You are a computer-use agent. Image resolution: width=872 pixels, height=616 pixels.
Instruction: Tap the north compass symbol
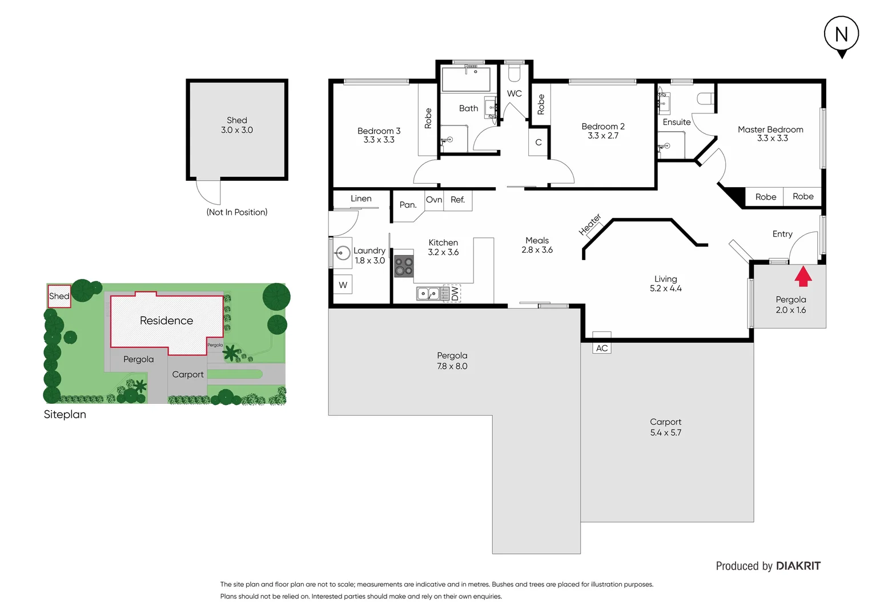[x=841, y=35]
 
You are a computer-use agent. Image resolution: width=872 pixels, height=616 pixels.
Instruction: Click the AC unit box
[x=602, y=348]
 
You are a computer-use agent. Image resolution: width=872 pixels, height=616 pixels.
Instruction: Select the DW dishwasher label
[x=455, y=294]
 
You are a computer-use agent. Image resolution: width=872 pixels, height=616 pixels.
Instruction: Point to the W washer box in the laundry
[x=343, y=285]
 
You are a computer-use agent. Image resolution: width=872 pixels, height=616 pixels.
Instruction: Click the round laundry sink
[x=343, y=253]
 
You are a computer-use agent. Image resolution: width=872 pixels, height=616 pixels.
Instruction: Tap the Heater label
[x=590, y=224]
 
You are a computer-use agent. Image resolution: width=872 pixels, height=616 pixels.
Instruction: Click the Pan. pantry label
[x=408, y=205]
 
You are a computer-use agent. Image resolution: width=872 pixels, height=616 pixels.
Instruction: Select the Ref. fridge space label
[x=457, y=200]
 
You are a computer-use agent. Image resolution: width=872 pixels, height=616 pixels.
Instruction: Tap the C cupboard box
[x=538, y=143]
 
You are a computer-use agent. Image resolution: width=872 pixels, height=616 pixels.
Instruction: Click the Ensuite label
[x=677, y=122]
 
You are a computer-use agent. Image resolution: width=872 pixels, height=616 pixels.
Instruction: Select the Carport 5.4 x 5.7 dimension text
[x=665, y=433]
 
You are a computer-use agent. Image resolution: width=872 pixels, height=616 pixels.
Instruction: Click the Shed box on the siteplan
[x=59, y=296]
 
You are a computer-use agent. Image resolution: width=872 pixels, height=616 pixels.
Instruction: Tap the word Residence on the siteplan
[x=166, y=321]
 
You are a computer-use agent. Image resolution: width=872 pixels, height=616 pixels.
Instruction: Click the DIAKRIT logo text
[x=798, y=566]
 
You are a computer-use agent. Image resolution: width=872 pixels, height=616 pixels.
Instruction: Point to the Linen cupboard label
[x=361, y=198]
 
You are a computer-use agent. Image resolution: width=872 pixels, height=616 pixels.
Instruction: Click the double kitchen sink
[x=428, y=294]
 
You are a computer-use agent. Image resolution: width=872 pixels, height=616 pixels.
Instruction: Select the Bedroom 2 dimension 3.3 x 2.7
[x=603, y=136]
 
